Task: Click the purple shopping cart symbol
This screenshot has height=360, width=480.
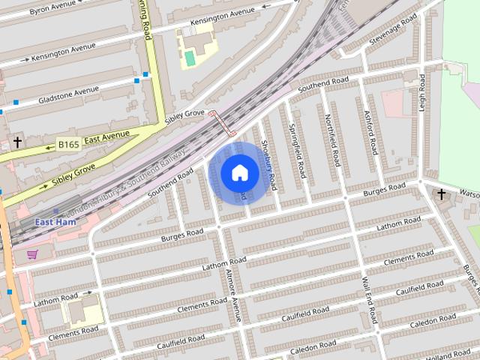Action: click(x=32, y=254)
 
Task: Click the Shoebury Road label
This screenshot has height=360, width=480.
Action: click(x=268, y=165)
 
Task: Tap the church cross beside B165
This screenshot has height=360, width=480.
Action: click(x=17, y=142)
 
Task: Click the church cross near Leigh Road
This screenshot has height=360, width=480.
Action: click(x=442, y=195)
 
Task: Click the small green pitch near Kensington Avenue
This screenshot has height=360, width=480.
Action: click(x=190, y=58)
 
